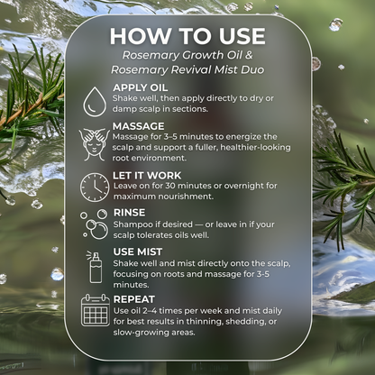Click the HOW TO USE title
187,36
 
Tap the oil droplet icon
95,101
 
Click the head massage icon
95,143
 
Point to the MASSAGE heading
139,125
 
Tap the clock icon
95,187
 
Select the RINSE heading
132,212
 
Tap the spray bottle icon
95,266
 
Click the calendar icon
95,309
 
